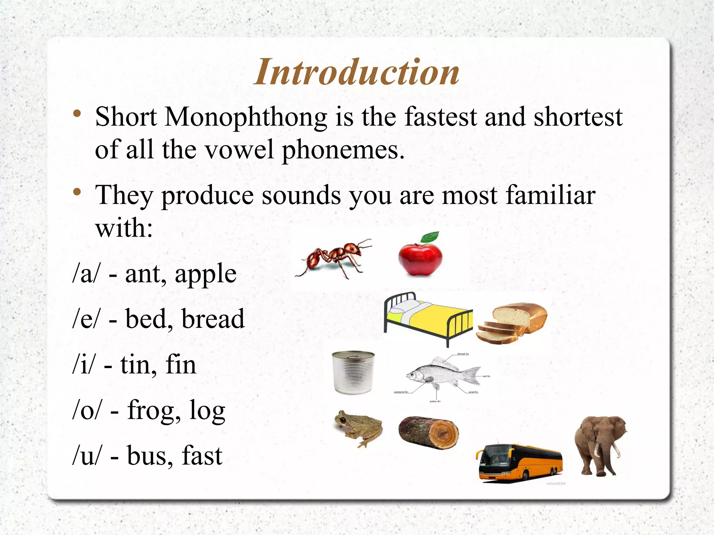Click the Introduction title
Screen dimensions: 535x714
click(x=356, y=72)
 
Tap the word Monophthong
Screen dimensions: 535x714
click(x=246, y=117)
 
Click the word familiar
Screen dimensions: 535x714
click(x=550, y=195)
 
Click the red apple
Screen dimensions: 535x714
click(x=420, y=258)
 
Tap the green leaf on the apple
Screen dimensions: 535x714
click(x=430, y=237)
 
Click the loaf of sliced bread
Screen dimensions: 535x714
click(x=512, y=323)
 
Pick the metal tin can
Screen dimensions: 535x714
click(x=353, y=372)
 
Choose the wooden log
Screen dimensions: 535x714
click(x=428, y=432)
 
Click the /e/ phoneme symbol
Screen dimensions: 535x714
click(x=86, y=319)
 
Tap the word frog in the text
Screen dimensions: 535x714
click(x=150, y=411)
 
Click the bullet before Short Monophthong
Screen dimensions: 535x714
click(x=77, y=114)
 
